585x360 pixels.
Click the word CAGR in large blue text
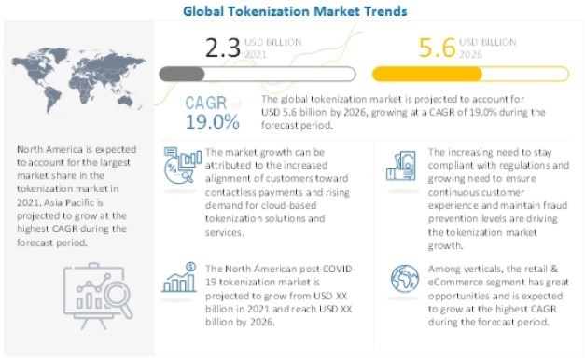pos(203,102)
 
